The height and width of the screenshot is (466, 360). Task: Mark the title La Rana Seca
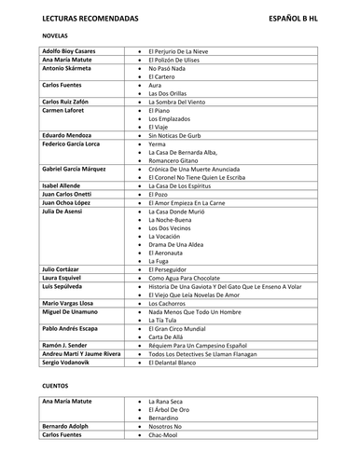168,401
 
